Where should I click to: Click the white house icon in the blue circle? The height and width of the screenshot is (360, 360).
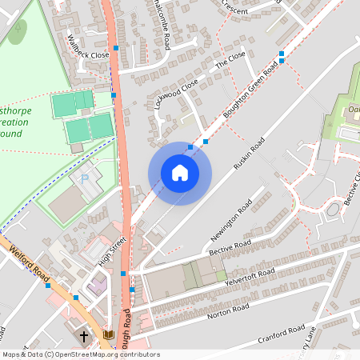click(180, 173)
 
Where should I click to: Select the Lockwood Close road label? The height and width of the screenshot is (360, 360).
click(176, 94)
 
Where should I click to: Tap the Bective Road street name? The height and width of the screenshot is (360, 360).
click(230, 247)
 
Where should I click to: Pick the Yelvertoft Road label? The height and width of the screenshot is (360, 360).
click(250, 278)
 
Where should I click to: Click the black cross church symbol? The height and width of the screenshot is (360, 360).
click(85, 337)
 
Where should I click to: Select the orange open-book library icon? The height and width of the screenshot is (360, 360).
click(109, 334)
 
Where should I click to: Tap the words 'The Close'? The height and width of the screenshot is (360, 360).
click(231, 60)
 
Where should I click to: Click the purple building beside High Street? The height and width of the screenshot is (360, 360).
click(98, 283)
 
